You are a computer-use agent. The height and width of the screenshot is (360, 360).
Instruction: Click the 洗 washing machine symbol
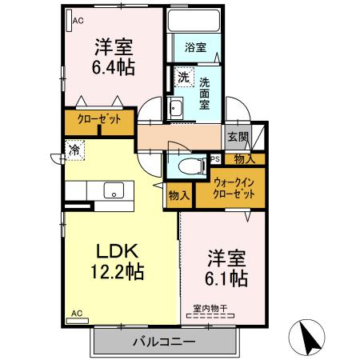pyautogui.click(x=183, y=78)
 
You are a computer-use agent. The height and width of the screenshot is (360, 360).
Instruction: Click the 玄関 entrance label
pyautogui.click(x=235, y=136)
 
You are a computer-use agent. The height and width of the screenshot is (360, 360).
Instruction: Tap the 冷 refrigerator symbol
pyautogui.click(x=74, y=149)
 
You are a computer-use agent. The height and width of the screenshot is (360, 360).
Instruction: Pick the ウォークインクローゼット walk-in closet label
pyautogui.click(x=234, y=188)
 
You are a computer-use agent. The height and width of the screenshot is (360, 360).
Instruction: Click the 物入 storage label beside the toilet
pyautogui.click(x=179, y=194)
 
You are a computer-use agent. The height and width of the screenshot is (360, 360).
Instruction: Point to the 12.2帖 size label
pyautogui.click(x=116, y=271)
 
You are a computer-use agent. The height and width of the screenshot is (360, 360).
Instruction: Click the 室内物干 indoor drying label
pyautogui.click(x=210, y=307)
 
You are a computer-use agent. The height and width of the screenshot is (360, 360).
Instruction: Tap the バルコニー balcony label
pyautogui.click(x=164, y=342)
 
